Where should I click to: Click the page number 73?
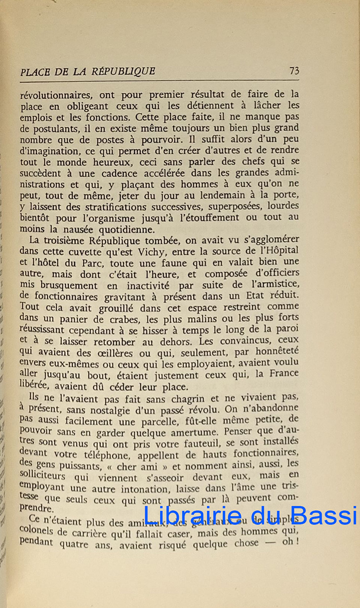click(x=294, y=71)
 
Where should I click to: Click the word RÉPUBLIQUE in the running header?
click(x=123, y=71)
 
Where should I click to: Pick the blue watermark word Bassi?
click(x=329, y=515)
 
